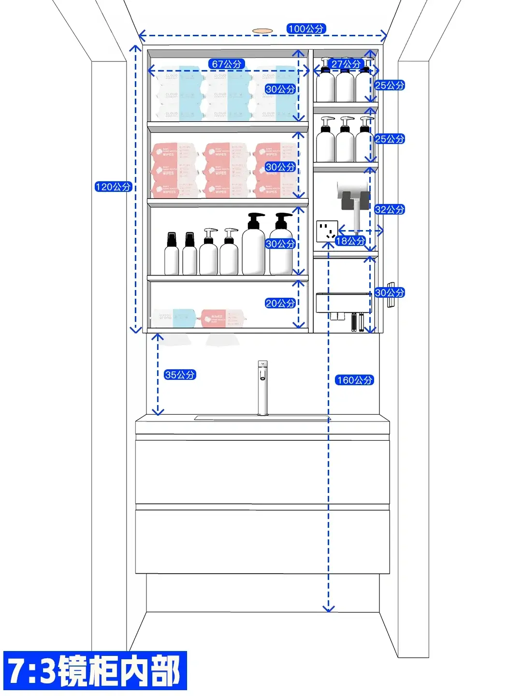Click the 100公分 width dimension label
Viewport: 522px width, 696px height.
(x=306, y=29)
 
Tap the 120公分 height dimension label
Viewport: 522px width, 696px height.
(x=113, y=187)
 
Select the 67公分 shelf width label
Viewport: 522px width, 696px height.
(x=227, y=64)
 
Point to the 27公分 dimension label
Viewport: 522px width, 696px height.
(x=346, y=64)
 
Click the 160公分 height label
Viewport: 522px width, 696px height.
(x=355, y=380)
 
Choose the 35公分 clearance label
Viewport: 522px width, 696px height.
(x=180, y=375)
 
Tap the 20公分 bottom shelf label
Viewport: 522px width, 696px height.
(x=280, y=303)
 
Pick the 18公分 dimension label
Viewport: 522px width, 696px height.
(x=350, y=241)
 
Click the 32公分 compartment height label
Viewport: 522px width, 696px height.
(x=390, y=209)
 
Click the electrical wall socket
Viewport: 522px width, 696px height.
(x=327, y=231)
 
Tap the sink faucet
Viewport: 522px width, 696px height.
(x=262, y=387)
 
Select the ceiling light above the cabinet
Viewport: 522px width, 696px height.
(x=262, y=30)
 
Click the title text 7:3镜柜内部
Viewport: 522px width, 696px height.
(x=95, y=670)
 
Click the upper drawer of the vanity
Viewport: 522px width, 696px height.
(x=262, y=471)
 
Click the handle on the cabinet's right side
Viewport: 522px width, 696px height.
(x=391, y=294)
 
